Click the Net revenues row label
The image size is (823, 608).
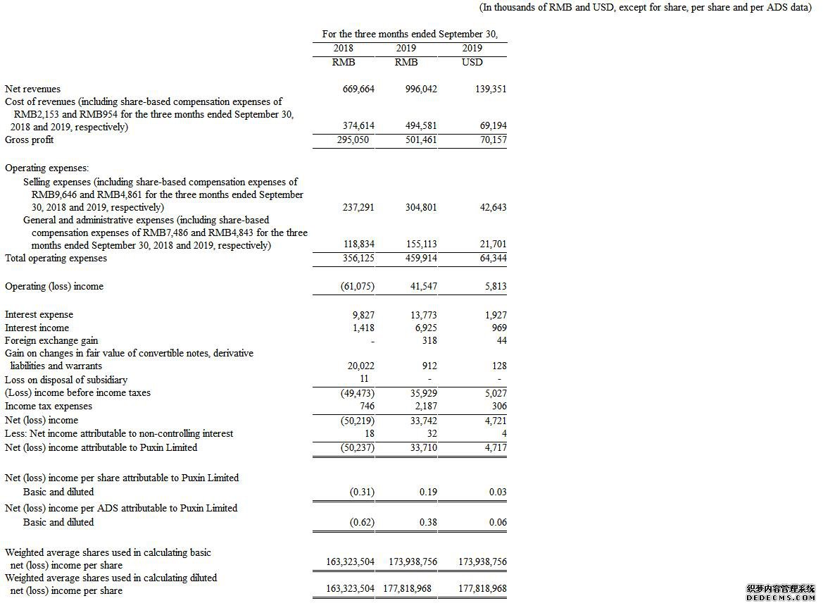click(x=32, y=89)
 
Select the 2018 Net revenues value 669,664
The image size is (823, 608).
click(x=358, y=89)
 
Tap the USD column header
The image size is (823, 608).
click(x=472, y=62)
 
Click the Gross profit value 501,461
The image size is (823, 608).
click(x=421, y=139)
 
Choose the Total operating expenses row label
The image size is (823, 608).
click(x=56, y=258)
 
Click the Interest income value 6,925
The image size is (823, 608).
click(x=425, y=328)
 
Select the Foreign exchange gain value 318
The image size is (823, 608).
click(x=428, y=340)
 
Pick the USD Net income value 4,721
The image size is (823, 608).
click(x=494, y=420)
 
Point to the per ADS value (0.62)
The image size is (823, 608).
click(x=362, y=522)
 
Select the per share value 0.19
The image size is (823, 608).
click(x=427, y=492)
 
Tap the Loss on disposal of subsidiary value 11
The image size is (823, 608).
click(x=364, y=379)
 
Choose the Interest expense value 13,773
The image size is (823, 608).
click(x=422, y=315)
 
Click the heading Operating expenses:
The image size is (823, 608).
click(x=47, y=168)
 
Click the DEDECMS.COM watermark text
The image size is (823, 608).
click(x=780, y=597)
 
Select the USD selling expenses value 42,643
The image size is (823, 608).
click(x=491, y=208)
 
